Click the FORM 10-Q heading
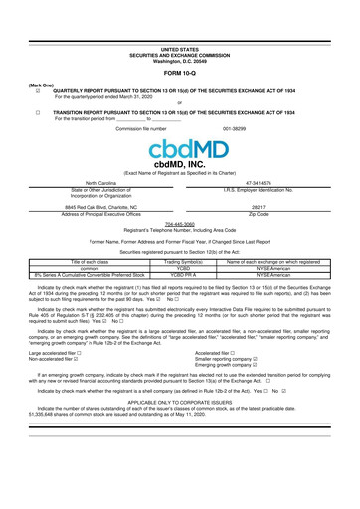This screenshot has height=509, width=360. coord(179,73)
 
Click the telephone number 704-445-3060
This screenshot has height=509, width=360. coord(179,223)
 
